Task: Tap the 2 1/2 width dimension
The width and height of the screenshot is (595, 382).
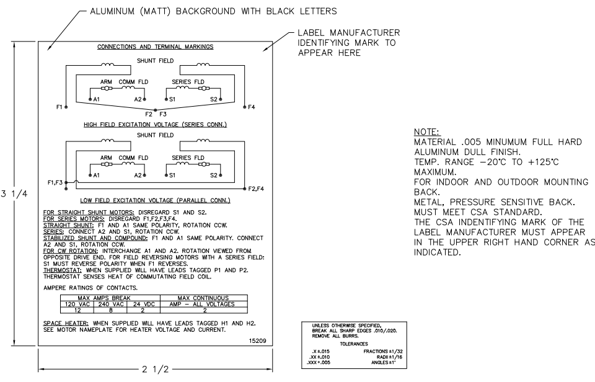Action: click(156, 370)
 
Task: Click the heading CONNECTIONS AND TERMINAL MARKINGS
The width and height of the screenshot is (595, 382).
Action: click(155, 47)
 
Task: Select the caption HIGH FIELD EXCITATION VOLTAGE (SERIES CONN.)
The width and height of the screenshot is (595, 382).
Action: click(155, 125)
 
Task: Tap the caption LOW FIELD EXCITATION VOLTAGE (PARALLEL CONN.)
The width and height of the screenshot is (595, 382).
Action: click(155, 202)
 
